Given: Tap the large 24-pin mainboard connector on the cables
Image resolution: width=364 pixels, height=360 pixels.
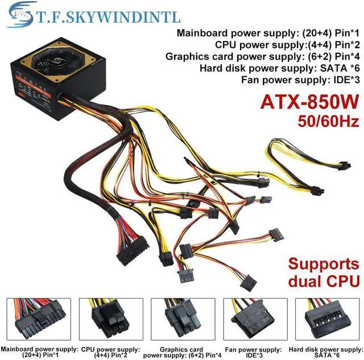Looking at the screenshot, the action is click(133, 251).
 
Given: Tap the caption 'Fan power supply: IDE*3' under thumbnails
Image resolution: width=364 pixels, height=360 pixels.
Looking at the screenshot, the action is click(254, 351).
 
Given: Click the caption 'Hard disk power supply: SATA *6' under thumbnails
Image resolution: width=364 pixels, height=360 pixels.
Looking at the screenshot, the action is click(326, 351).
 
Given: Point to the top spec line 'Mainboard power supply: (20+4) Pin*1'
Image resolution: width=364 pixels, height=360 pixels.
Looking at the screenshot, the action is click(268, 32).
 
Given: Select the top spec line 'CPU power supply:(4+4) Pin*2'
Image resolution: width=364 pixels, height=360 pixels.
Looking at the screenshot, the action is click(287, 44).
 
